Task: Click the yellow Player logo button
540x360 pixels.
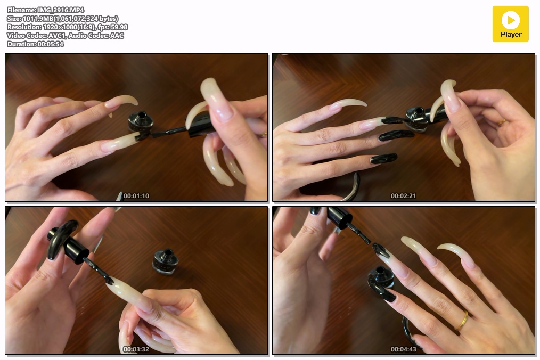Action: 510,24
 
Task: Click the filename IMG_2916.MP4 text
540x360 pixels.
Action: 61,10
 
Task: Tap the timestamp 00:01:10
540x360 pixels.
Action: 136,195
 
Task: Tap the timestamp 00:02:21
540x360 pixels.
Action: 403,195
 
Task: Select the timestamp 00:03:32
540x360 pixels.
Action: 136,349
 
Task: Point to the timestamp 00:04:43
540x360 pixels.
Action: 403,349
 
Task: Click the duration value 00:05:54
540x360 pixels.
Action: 51,44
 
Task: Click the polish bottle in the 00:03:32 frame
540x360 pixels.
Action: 166,262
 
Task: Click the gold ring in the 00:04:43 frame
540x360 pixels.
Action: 462,321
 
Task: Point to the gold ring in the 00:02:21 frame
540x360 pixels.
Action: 502,121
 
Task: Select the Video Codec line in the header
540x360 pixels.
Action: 65,36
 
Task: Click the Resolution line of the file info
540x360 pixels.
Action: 67,27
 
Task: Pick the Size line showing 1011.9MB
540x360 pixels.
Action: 62,19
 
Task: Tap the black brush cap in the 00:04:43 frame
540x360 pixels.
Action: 340,217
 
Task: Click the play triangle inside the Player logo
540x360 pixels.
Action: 511,20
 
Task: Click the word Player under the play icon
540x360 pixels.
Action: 511,35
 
